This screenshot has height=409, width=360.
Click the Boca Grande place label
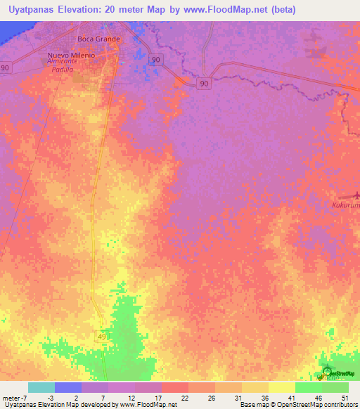pyautogui.click(x=98, y=39)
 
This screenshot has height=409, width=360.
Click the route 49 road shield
pyautogui.click(x=101, y=338)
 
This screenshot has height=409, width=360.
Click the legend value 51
pyautogui.click(x=345, y=397)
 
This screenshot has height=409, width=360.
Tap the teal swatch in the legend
pyautogui.click(x=41, y=387)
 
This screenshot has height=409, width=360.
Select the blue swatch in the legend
pyautogui.click(x=68, y=387)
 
